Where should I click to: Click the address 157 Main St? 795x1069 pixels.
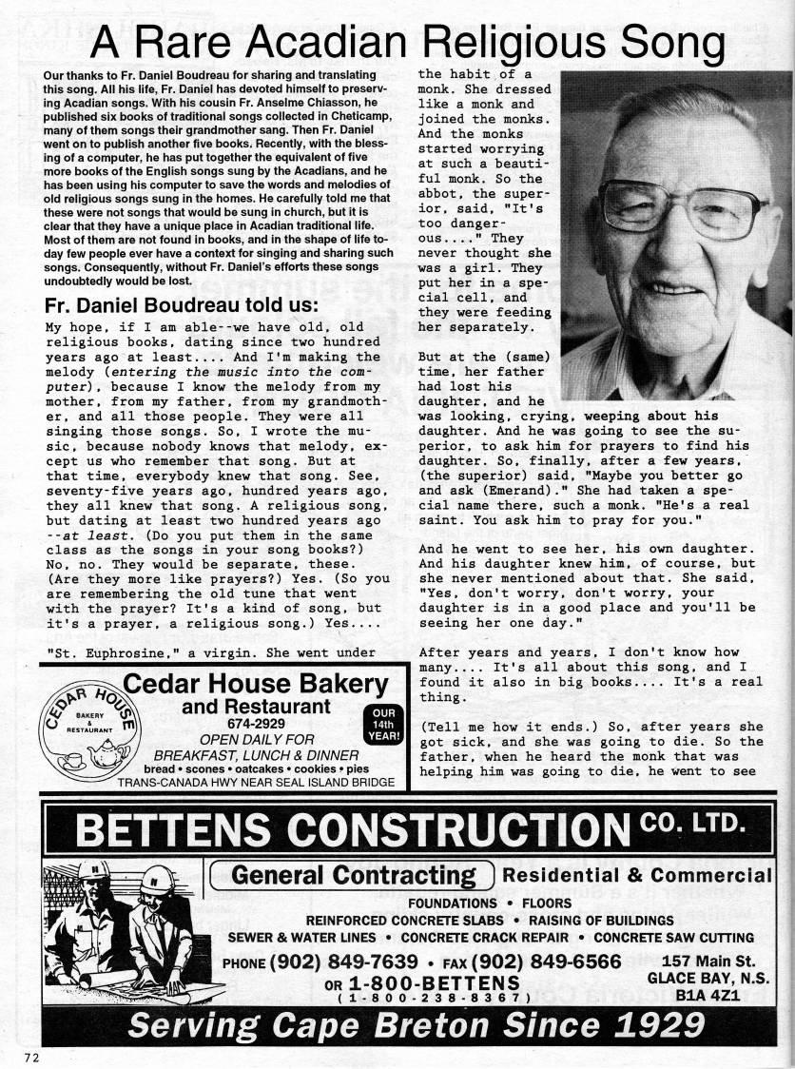(708, 961)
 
